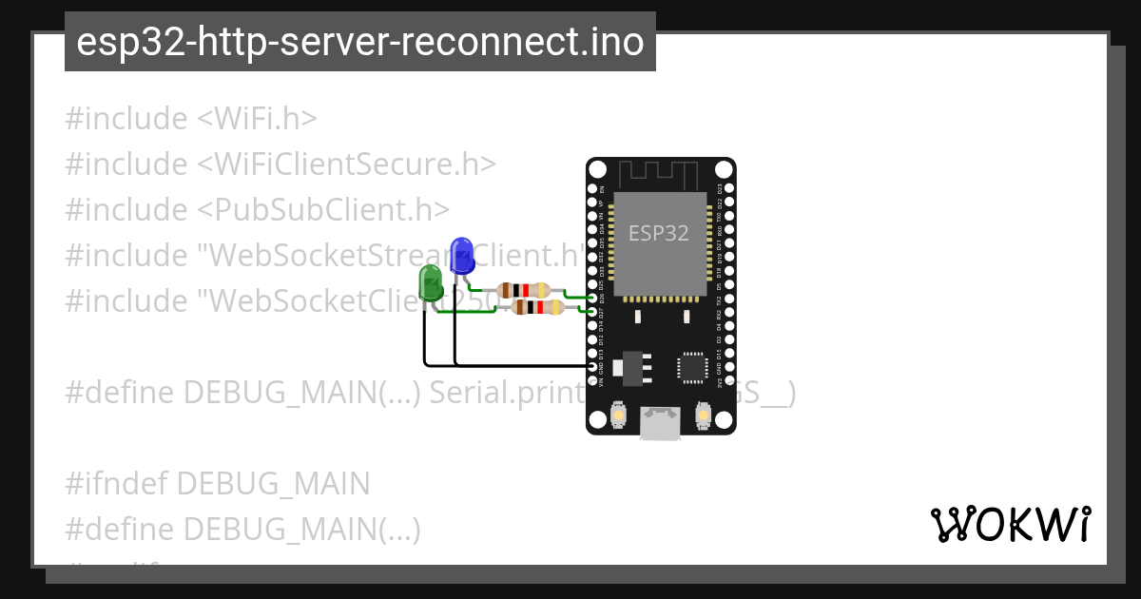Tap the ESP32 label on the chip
pyautogui.click(x=659, y=233)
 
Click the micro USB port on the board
pyautogui.click(x=660, y=422)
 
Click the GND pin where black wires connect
pyautogui.click(x=593, y=365)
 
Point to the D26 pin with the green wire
pyautogui.click(x=593, y=298)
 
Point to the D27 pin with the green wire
pyautogui.click(x=593, y=311)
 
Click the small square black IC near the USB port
pyautogui.click(x=691, y=368)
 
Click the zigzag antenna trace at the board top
pyautogui.click(x=659, y=175)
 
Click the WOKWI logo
pyautogui.click(x=1011, y=524)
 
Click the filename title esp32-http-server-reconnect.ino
pyautogui.click(x=359, y=42)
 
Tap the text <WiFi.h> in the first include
pyautogui.click(x=257, y=119)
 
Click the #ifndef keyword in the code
pyautogui.click(x=117, y=484)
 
